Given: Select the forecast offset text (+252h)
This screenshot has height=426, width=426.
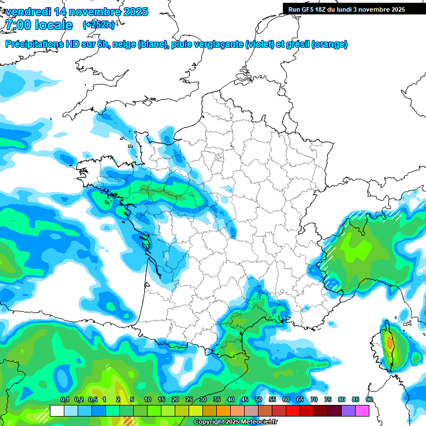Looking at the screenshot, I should (99, 25).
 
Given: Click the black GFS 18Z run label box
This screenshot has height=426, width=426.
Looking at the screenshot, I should (347, 9).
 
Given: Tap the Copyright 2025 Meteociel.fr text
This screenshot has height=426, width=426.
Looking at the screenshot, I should (235, 422).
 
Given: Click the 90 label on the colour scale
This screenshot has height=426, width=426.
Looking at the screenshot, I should (369, 399).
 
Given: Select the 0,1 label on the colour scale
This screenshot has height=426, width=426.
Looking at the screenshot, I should (64, 399).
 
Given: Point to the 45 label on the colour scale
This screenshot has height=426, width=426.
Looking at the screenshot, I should (245, 399).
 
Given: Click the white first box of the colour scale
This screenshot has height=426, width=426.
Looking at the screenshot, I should (57, 410).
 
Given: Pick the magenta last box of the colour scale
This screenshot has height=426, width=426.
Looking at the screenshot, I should (362, 410).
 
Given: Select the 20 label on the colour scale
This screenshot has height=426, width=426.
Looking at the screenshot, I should (175, 399).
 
